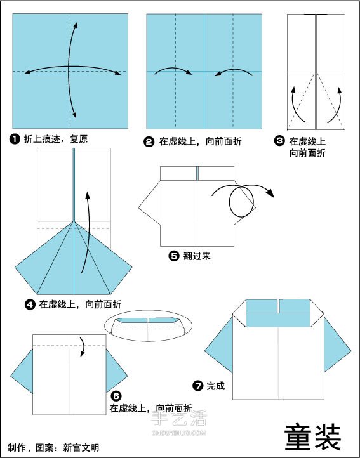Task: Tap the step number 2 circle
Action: [149, 143]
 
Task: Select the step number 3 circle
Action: [279, 142]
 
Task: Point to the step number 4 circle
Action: [29, 304]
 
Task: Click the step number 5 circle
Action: [173, 256]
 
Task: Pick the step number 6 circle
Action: [116, 396]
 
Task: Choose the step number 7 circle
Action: [198, 385]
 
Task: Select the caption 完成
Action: [215, 385]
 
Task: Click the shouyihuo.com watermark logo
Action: [179, 422]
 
